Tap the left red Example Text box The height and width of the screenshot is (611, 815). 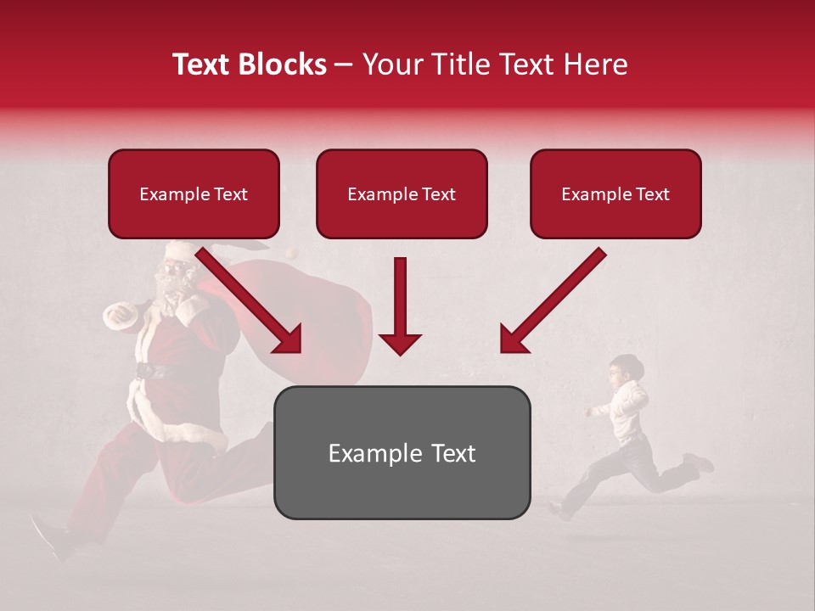click(194, 194)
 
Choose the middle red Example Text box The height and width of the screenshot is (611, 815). click(402, 194)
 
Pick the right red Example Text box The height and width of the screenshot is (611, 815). click(615, 194)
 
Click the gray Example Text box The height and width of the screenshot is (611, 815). click(402, 453)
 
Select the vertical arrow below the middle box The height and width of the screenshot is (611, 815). click(400, 305)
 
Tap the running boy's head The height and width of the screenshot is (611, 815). click(627, 369)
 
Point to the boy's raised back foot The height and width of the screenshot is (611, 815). click(700, 463)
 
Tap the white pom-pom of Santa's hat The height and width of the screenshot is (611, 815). click(291, 252)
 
